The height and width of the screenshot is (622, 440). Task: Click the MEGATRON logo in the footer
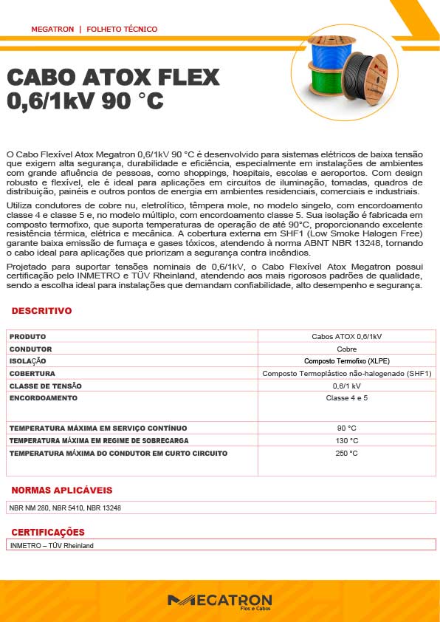[x=219, y=601]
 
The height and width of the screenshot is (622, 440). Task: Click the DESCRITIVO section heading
[x=41, y=311]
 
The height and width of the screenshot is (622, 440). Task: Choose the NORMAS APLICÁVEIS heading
[x=62, y=490]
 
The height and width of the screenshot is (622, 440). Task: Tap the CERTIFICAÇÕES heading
[x=48, y=532]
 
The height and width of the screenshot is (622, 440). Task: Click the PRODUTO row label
[x=27, y=336]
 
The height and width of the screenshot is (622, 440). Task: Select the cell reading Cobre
[x=346, y=349]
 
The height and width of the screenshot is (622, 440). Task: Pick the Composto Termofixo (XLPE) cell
[x=346, y=361]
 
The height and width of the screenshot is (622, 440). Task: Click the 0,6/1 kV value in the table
[x=346, y=386]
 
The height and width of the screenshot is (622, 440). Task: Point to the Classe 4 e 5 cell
[x=346, y=398]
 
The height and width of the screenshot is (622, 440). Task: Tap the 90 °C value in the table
[x=346, y=428]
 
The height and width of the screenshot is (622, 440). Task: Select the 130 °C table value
[x=346, y=440]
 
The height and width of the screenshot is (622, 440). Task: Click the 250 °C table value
[x=346, y=453]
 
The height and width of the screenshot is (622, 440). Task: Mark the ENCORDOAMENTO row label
[x=44, y=398]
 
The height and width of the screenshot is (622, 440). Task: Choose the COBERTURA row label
[x=32, y=374]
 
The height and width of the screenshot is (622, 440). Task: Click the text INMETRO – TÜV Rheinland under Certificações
[x=52, y=546]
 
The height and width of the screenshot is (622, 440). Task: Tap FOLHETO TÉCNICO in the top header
[x=122, y=29]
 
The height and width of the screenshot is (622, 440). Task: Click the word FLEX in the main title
[x=185, y=78]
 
